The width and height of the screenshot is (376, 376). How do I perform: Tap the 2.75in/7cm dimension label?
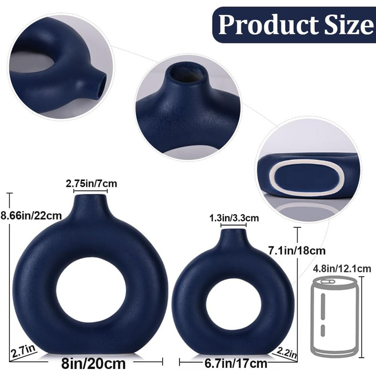pos(91,184)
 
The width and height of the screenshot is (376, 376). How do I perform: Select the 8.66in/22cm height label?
pos(31,215)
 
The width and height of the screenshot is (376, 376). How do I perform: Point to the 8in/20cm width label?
pos(93,364)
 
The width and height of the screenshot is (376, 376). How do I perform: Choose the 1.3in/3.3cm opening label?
pos(234,218)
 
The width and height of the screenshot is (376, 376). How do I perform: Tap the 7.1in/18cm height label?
pos(297,251)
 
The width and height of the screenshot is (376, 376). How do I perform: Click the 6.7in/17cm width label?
pos(236,364)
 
